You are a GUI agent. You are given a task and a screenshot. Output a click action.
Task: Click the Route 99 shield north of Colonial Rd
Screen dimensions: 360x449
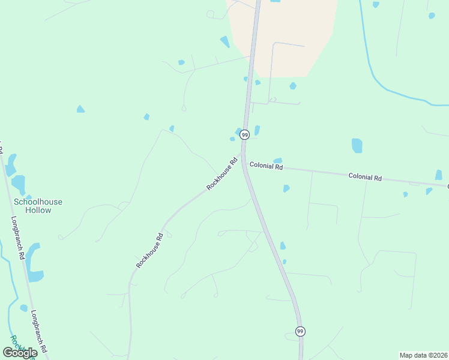[244, 135]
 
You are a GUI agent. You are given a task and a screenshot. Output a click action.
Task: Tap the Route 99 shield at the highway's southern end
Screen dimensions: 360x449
[300, 331]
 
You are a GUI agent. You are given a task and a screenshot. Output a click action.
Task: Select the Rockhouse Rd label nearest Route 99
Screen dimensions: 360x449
[222, 174]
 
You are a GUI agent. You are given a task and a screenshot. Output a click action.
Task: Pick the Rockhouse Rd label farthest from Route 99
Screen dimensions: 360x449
[149, 250]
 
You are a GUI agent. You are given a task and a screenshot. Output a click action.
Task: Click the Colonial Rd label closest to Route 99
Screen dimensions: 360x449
[266, 166]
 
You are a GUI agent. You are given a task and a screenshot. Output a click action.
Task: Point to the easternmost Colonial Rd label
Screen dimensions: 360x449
[365, 178]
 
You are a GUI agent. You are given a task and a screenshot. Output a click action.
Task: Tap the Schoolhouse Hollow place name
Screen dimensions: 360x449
[38, 206]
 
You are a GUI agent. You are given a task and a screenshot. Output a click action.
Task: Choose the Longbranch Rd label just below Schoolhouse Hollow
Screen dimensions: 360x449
[18, 238]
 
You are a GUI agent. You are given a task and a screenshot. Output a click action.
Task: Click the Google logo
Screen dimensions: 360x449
[20, 353]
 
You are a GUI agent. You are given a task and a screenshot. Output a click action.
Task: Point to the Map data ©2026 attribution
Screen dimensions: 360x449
[423, 355]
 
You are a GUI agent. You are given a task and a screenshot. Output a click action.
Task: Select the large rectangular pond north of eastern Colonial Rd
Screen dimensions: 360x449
[357, 146]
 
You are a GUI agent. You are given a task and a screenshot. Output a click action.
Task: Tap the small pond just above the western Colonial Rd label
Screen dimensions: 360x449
[277, 161]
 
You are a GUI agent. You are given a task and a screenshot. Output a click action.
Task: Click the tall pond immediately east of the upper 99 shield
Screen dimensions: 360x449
[257, 130]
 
